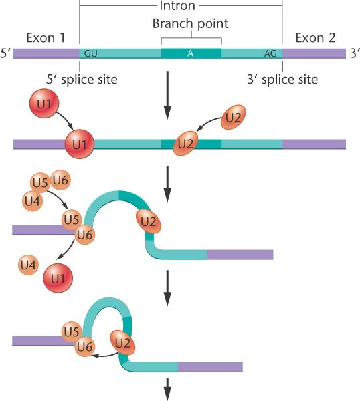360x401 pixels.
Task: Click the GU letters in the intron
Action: [90, 53]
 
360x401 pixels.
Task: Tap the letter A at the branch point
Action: [190, 53]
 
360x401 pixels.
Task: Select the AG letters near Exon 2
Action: [270, 53]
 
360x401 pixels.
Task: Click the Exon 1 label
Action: [46, 38]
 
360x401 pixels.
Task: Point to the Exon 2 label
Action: [315, 38]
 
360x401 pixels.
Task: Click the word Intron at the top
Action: [177, 5]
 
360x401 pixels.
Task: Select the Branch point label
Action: [190, 23]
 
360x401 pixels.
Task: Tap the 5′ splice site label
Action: [82, 79]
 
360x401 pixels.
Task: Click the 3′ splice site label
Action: [282, 79]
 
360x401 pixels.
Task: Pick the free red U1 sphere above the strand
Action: [44, 104]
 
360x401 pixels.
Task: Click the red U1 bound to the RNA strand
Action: [80, 144]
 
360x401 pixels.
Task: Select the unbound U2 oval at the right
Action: [234, 117]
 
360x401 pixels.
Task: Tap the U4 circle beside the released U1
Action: [28, 265]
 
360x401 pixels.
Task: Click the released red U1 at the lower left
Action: [58, 278]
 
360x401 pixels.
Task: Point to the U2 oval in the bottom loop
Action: [122, 343]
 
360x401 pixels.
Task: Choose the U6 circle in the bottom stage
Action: [85, 346]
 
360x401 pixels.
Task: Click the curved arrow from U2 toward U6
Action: [105, 356]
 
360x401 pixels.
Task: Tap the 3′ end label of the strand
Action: [355, 53]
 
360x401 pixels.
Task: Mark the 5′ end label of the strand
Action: [5, 53]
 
